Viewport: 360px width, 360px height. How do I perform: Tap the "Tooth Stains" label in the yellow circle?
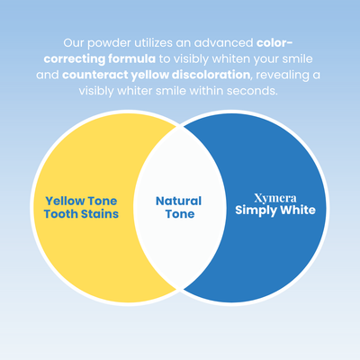coord(81,214)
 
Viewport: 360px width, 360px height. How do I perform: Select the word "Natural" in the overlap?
coord(178,201)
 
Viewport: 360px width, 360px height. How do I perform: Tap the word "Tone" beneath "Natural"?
coord(178,215)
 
